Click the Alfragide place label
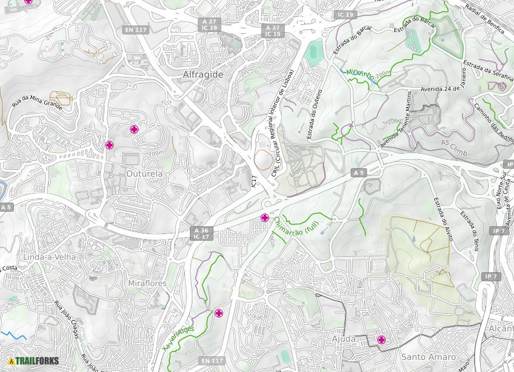coord(203,74)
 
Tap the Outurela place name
coord(145,174)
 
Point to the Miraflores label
coord(147,283)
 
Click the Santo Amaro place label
coord(428,357)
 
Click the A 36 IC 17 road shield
coord(201,233)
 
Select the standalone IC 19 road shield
coord(345,14)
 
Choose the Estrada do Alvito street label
coord(443,218)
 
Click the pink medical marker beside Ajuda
coord(382,340)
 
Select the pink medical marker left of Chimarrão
coord(265,218)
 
